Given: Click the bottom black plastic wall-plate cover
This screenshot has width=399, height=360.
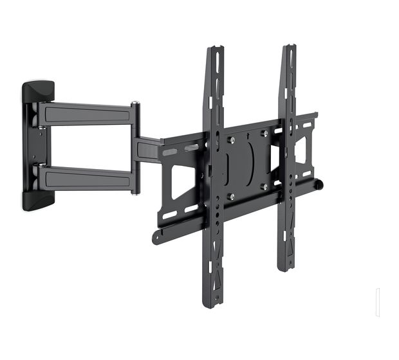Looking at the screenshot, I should [39, 200].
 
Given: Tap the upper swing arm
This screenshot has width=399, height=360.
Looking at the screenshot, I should [87, 114].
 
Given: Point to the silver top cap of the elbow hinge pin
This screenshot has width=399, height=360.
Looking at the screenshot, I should [135, 103].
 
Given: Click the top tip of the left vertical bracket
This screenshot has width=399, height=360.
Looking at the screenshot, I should [215, 48].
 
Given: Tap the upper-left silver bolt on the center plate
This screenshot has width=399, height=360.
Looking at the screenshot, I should [232, 139].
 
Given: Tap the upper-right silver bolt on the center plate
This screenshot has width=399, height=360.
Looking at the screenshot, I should [264, 134].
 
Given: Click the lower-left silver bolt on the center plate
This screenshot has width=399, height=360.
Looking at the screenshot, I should [232, 196].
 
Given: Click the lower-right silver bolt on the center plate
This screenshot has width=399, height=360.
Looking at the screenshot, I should [264, 186].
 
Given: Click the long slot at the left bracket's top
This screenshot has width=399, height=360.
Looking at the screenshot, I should [217, 71].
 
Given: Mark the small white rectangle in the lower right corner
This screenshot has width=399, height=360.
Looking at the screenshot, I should [378, 302].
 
